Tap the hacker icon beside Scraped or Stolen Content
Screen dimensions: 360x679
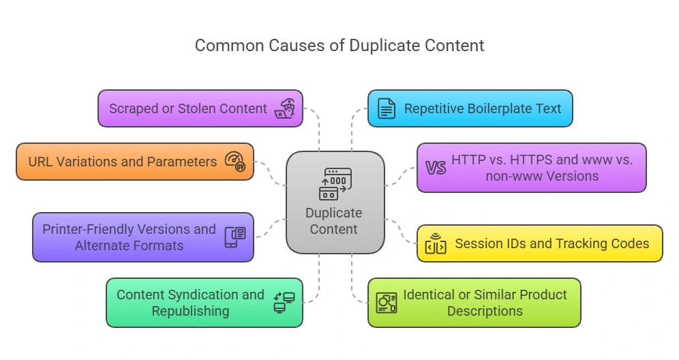(x=285, y=108)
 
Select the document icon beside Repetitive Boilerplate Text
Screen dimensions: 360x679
(x=387, y=108)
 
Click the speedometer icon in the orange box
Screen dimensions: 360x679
(x=236, y=162)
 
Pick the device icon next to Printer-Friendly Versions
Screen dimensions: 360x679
(x=235, y=237)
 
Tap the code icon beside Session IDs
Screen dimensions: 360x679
(x=436, y=244)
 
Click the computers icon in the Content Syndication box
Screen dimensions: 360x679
(x=284, y=303)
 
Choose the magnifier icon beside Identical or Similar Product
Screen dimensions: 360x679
(x=387, y=303)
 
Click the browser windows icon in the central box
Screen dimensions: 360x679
(x=334, y=183)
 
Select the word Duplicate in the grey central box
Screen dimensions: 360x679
(x=334, y=213)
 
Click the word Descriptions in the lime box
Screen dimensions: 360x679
(x=485, y=311)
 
